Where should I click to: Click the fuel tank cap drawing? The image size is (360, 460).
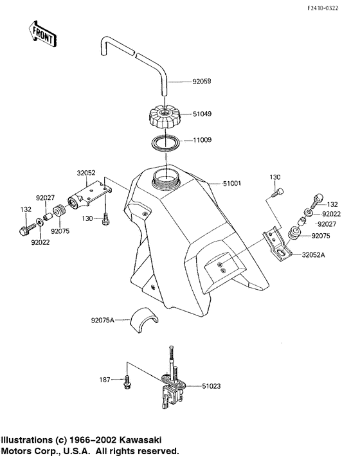(x=167, y=117)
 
